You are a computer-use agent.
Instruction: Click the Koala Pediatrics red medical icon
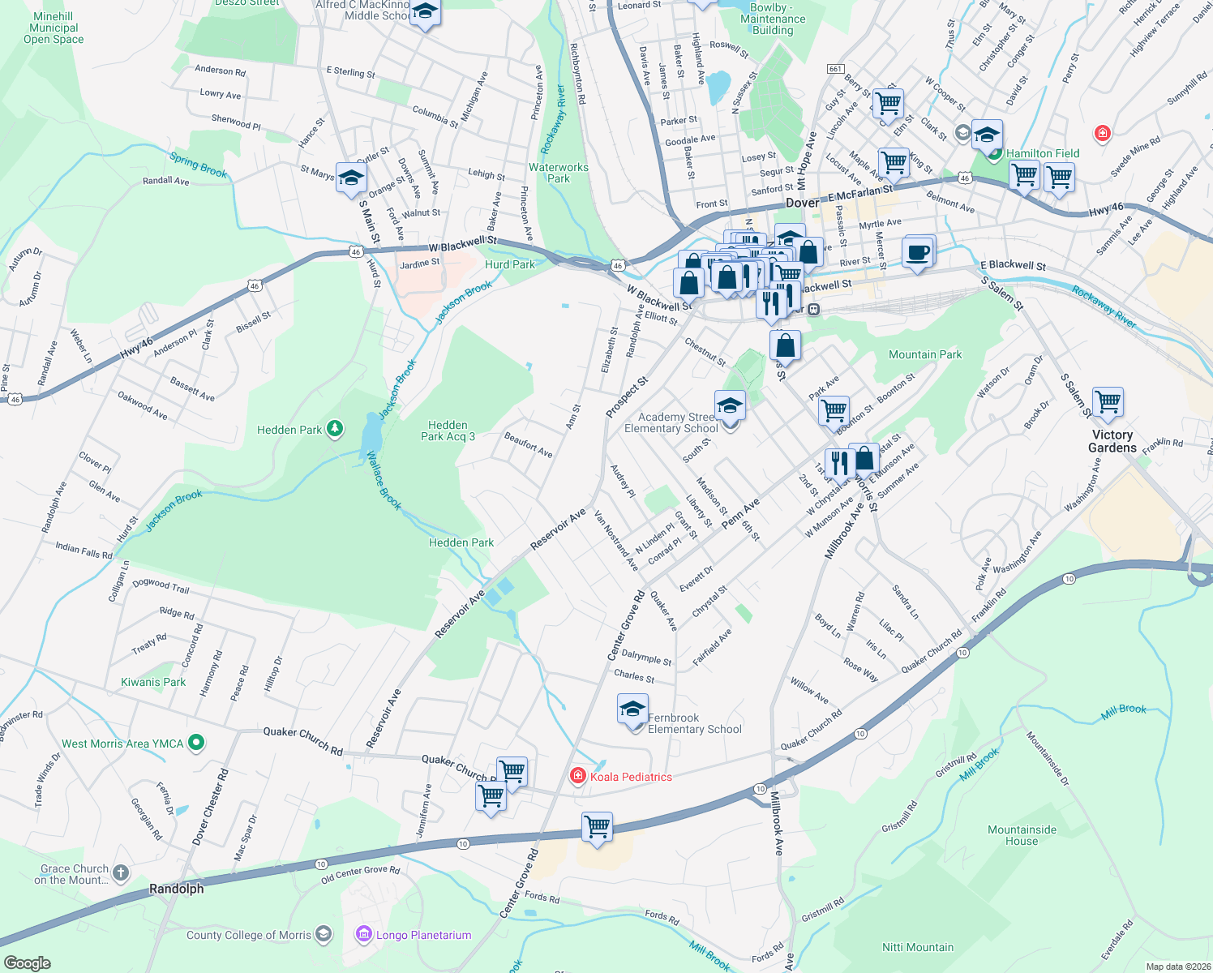(577, 777)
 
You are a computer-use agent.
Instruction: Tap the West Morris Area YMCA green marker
(195, 743)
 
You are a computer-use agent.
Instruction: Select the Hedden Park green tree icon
(334, 430)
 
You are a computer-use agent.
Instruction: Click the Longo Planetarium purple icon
(364, 935)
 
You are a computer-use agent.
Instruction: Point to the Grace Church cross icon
(121, 873)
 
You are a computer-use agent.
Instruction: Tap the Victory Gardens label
(1112, 441)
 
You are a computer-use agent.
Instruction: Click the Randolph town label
(177, 889)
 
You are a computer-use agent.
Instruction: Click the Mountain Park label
(925, 354)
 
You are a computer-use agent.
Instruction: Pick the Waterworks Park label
(559, 173)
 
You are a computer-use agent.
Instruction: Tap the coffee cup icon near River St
(918, 252)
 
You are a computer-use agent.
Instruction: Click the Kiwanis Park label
(153, 682)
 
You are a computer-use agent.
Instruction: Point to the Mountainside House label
(1022, 835)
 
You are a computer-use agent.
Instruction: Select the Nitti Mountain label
(918, 947)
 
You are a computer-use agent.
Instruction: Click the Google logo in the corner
(28, 962)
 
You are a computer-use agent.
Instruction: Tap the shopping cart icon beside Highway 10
(597, 828)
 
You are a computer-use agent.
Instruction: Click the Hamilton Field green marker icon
(994, 153)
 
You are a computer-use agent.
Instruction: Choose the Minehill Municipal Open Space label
(54, 28)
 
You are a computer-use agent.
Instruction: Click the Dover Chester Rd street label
(211, 808)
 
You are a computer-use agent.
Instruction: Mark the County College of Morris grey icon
(323, 935)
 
